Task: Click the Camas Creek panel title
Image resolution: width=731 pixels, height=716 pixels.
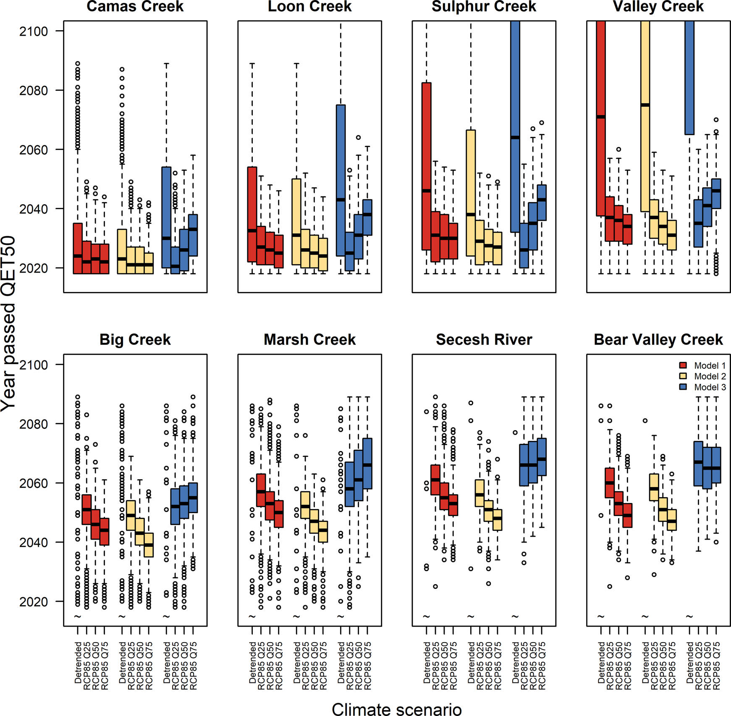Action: point(135,6)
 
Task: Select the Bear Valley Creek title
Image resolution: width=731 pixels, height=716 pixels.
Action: point(658,339)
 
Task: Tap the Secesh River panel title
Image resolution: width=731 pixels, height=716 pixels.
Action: point(484,339)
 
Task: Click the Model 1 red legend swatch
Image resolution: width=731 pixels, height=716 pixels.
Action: point(683,365)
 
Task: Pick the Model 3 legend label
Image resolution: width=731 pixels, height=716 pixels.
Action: point(710,387)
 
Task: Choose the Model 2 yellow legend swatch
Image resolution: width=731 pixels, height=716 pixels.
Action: point(683,376)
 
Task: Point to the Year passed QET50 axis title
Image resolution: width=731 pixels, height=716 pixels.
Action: point(8,323)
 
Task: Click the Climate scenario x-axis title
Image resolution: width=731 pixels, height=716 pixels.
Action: point(396,709)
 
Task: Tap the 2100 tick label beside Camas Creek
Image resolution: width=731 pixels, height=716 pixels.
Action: point(34,31)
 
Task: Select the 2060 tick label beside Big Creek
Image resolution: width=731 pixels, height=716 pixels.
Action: point(34,483)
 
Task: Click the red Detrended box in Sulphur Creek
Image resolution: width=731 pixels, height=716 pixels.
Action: point(427,166)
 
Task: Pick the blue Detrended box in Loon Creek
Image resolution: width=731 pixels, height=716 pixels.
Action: point(341,181)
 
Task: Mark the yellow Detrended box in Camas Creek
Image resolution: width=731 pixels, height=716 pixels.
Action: point(122,251)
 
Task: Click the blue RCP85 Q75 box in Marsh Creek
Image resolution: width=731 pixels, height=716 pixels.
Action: point(367,464)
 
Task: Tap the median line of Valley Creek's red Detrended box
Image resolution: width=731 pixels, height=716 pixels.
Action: point(601,117)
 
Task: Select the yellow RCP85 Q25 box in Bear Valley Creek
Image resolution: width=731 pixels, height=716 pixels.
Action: point(654,487)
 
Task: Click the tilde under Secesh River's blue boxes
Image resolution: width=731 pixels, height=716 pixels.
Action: point(515,616)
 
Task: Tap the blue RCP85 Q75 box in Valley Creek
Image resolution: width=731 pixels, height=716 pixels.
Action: point(716,194)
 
